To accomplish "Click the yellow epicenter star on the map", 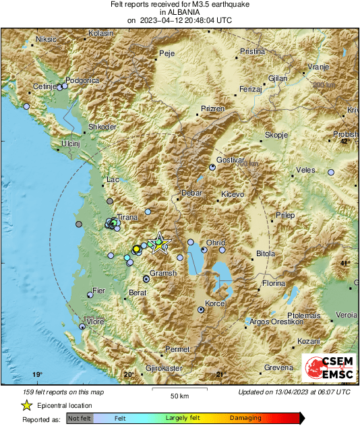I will coord(159,243).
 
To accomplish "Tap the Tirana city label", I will coord(127,217).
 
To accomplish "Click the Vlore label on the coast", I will coord(95,322).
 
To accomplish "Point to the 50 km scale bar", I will coord(178,391).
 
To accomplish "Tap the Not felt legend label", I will coord(80,419).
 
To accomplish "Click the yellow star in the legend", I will coord(26,405).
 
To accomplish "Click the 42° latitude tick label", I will coord(345,142).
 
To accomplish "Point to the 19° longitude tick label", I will coord(37,375).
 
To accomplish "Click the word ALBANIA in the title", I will coord(179,12).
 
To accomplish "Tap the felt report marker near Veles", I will coord(331,173).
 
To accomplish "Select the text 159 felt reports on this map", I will coord(54,392).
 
